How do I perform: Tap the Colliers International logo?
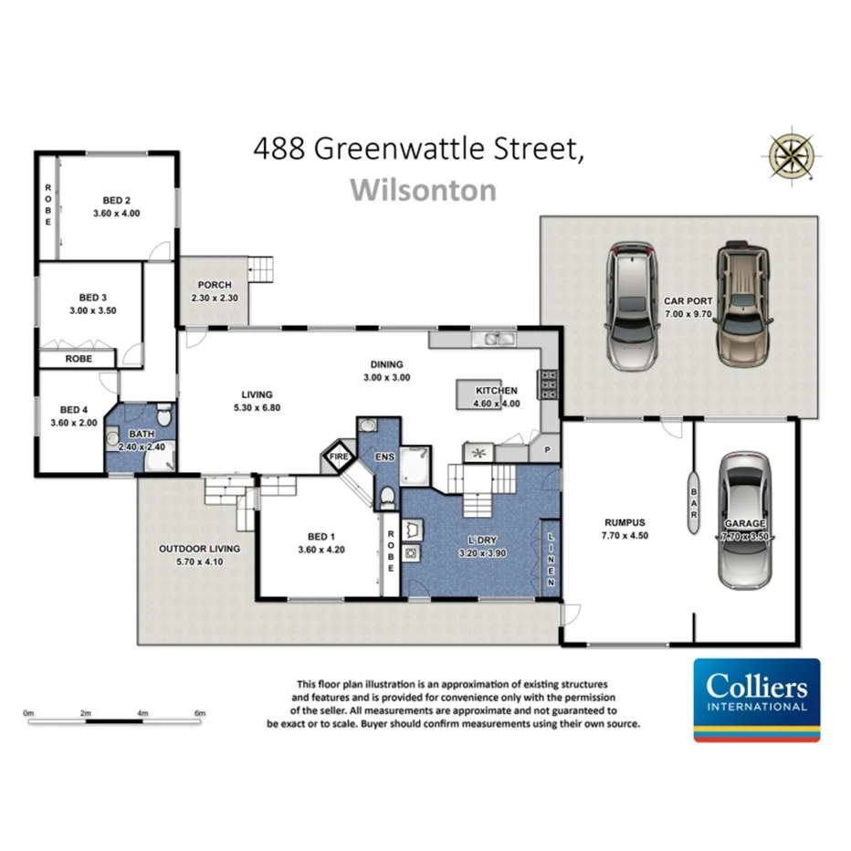pos(757,699)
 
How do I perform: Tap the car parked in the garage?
pos(744,520)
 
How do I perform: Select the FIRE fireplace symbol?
pos(339,454)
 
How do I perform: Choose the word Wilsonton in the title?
pos(424,190)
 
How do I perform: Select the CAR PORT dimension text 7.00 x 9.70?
pos(689,313)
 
